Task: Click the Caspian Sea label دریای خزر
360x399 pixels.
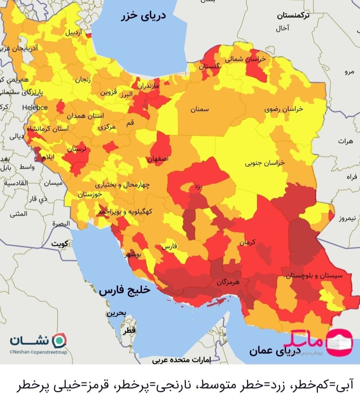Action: [143, 16]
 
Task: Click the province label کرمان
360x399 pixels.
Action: [248, 242]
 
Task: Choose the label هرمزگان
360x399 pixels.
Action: [228, 282]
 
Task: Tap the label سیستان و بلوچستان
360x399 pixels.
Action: [314, 276]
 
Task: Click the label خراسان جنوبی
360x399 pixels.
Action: [264, 163]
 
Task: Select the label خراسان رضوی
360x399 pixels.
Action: [284, 109]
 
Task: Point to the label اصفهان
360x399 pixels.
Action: [158, 159]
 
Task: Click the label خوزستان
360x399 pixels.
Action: [90, 194]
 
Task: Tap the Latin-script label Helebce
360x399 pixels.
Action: [35, 108]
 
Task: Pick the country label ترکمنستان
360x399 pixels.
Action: [293, 15]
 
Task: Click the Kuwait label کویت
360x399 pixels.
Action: [59, 243]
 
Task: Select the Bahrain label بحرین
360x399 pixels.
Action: [116, 314]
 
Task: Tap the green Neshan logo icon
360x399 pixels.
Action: [60, 341]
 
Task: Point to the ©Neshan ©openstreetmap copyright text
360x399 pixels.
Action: [38, 352]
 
